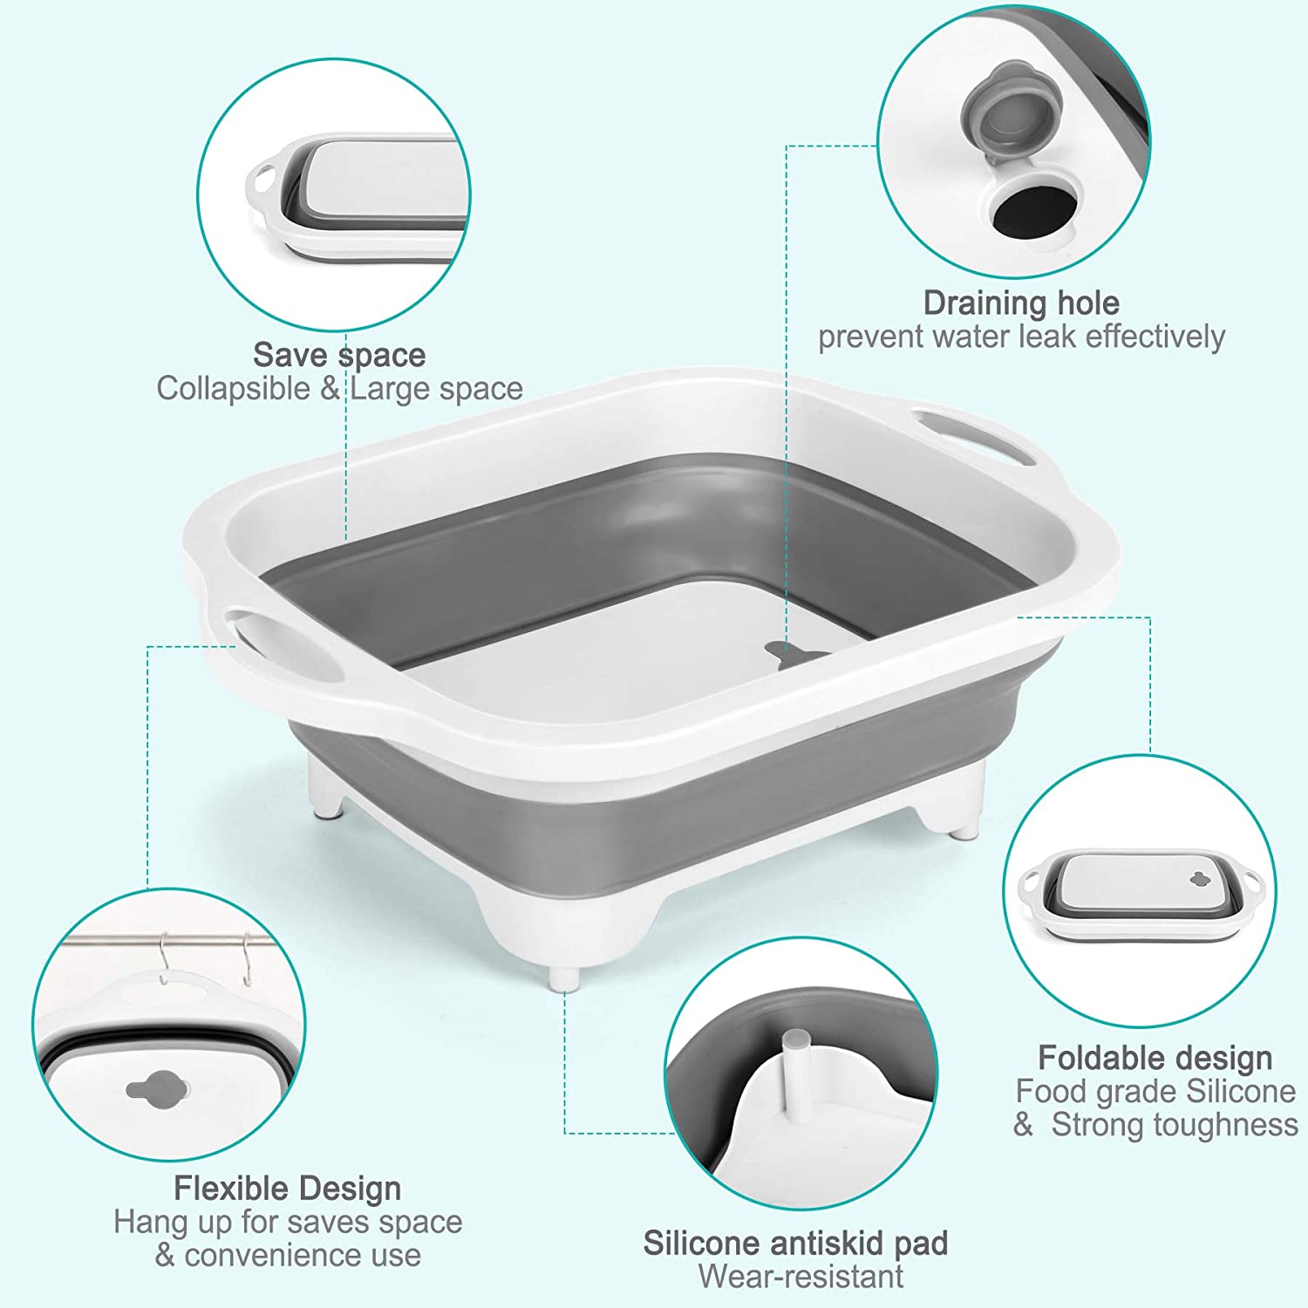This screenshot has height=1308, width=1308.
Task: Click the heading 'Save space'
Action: point(339,356)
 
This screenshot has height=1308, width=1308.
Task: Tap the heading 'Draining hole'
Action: point(1021,303)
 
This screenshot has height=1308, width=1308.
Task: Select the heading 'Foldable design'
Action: point(1155,1058)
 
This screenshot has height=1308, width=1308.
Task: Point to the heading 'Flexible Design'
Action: point(288,1189)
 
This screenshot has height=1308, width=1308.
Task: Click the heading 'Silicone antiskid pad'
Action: point(795,1243)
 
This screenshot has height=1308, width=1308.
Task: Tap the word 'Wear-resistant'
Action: point(800,1277)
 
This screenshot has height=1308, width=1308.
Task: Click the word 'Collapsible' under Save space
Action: point(233,389)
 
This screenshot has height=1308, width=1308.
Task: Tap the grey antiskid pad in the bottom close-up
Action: point(794,1039)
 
